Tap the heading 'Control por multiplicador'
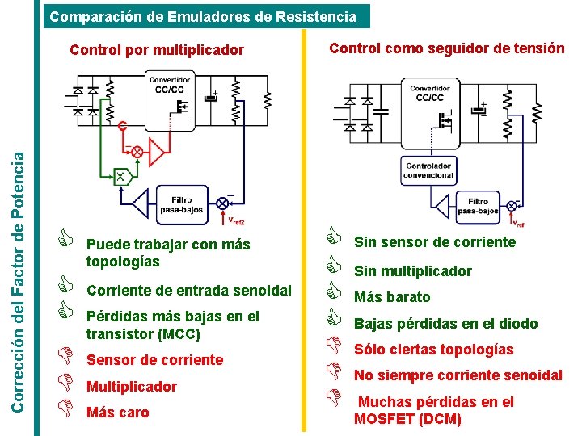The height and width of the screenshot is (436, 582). (157, 50)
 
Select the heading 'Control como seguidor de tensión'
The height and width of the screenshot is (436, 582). (446, 48)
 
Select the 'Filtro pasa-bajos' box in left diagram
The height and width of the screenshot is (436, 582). (181, 205)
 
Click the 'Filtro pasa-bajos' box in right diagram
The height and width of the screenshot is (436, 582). (477, 206)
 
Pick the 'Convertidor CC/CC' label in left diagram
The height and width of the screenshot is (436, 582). (170, 85)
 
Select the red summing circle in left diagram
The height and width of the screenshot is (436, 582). (137, 152)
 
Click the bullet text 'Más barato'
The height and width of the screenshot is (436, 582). (392, 297)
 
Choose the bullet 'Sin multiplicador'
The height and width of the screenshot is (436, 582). (412, 271)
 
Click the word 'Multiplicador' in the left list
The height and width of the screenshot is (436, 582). (131, 387)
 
